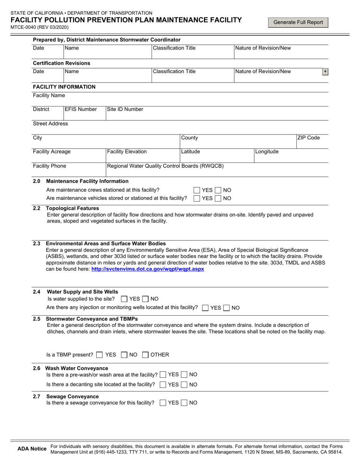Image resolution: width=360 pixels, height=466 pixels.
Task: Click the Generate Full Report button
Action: [x=298, y=22]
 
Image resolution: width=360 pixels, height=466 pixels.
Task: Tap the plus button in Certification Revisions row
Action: [x=325, y=72]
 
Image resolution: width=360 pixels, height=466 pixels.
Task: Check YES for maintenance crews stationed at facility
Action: [x=197, y=190]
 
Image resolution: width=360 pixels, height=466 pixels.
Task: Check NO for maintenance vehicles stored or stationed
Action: [x=219, y=198]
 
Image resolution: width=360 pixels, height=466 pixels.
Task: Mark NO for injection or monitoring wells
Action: [x=227, y=308]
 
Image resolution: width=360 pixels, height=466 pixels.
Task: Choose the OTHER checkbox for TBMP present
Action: [x=145, y=355]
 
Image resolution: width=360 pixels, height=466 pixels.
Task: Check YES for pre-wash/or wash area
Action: [x=163, y=375]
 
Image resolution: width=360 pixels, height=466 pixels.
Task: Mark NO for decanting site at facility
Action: [x=184, y=385]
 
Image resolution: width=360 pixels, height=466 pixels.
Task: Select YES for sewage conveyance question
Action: [x=163, y=403]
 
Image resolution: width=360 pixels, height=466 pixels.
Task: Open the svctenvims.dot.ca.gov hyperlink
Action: [x=148, y=269]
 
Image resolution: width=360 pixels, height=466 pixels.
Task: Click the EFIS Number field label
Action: [x=81, y=109]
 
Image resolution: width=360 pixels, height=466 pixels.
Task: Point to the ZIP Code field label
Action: [x=308, y=138]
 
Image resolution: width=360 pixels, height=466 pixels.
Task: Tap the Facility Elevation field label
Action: [x=127, y=152]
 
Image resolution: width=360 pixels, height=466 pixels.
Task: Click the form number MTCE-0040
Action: [x=23, y=27]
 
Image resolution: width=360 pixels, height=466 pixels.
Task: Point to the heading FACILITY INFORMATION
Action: [x=64, y=87]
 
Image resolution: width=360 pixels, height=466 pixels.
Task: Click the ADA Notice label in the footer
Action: [x=32, y=449]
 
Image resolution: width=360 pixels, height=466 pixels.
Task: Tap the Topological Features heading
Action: [x=72, y=208]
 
